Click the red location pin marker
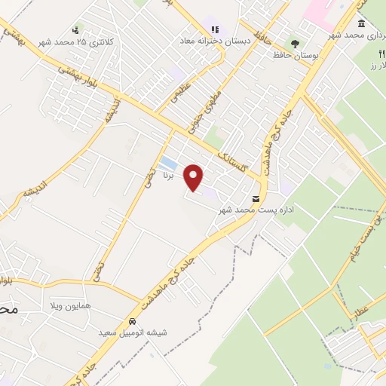click(195, 178)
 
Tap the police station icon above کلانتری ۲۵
click(75, 32)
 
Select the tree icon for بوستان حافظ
click(295, 44)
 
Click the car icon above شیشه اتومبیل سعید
click(132, 320)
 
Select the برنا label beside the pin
click(170, 174)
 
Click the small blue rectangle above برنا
click(168, 164)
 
